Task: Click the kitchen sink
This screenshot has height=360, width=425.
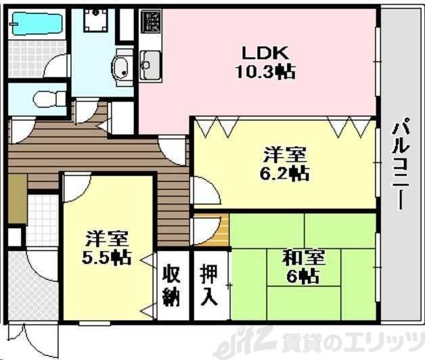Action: click(x=149, y=66)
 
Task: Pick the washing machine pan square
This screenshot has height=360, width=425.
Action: click(x=94, y=25)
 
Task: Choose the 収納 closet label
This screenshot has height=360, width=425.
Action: click(x=171, y=286)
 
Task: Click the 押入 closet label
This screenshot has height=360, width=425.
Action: click(x=209, y=286)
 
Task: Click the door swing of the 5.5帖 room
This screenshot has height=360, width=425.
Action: click(x=76, y=187)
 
